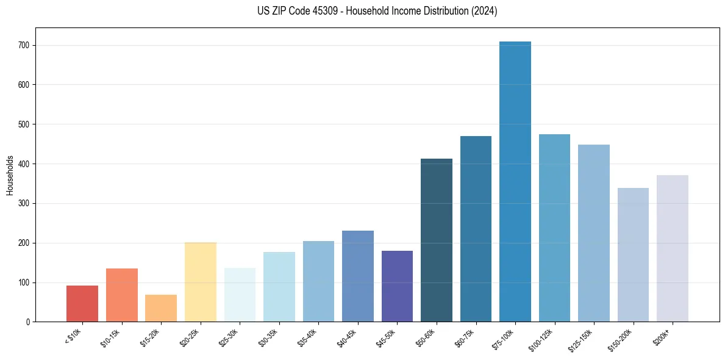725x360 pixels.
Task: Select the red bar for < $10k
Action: pos(82,303)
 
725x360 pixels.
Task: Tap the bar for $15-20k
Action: pos(161,308)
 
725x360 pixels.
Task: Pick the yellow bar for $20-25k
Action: pos(200,282)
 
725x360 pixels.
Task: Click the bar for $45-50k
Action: pos(397,286)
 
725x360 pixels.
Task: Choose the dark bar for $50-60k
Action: pos(436,240)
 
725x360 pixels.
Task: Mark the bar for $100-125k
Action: pos(554,228)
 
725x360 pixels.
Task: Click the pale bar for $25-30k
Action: pos(240,295)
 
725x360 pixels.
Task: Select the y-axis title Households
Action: pos(10,175)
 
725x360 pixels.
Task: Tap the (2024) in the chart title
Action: pos(484,11)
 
